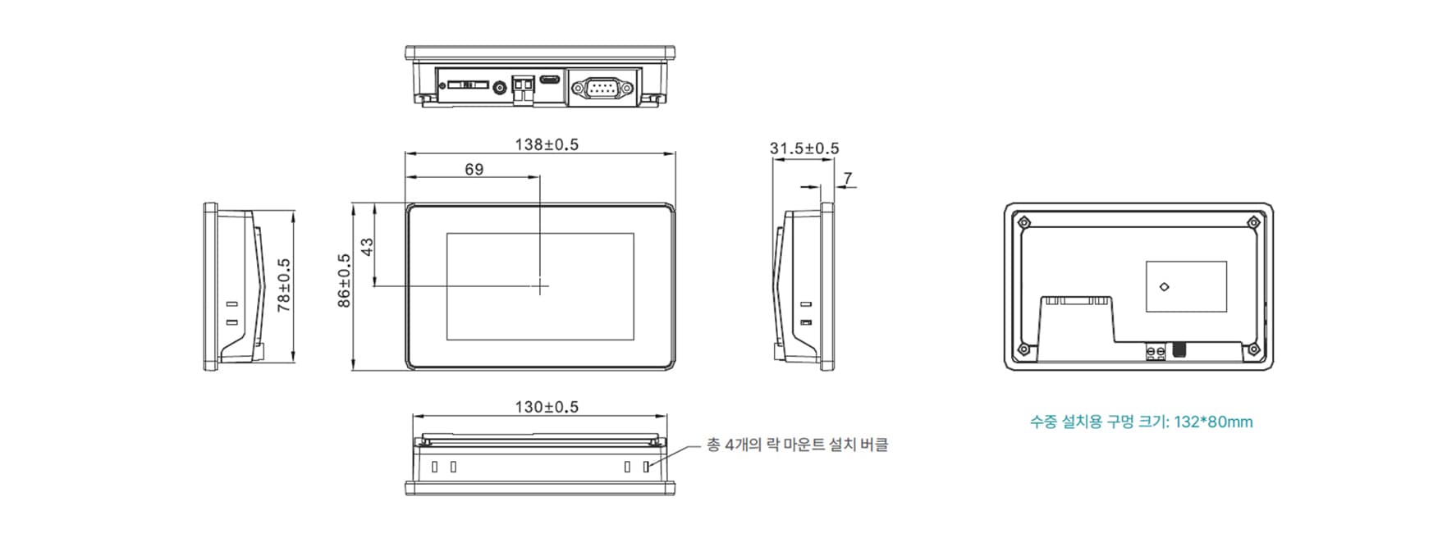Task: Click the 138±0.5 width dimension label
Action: tap(547, 144)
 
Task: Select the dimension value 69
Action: tap(474, 169)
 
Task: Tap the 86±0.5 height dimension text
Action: tap(345, 281)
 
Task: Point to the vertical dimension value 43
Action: tap(368, 246)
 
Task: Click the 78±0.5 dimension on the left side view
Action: tap(284, 285)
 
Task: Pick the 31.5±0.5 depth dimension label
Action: tap(804, 148)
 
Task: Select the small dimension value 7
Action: tap(848, 178)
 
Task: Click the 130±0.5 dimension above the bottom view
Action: tap(547, 407)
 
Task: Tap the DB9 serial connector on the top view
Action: tap(602, 86)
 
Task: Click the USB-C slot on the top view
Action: tap(550, 80)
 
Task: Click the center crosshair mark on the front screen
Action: tap(540, 285)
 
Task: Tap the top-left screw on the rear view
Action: tap(1023, 222)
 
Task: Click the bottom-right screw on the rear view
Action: tap(1253, 350)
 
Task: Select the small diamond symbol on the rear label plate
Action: tap(1164, 286)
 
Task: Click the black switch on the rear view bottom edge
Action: tap(1180, 350)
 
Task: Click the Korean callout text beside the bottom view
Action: tap(797, 445)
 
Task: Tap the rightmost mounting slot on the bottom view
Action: tap(646, 467)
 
